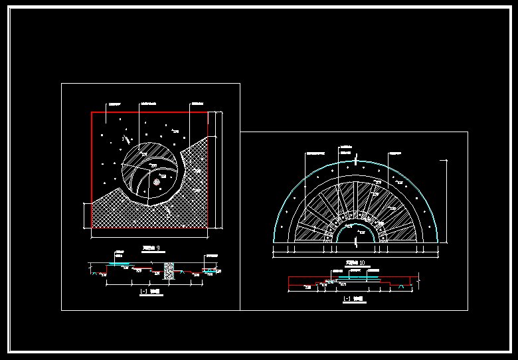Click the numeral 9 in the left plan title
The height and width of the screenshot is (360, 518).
[157, 248]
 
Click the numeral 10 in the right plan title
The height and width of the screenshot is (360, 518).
[362, 262]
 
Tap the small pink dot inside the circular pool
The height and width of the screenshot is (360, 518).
[156, 181]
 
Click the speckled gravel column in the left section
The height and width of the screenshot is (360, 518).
[168, 269]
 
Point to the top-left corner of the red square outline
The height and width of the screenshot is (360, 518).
[92, 112]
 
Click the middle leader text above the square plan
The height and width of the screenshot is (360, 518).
[149, 104]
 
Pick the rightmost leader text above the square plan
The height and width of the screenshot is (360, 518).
[197, 104]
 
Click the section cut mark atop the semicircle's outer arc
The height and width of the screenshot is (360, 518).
[357, 159]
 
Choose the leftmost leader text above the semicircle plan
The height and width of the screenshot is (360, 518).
[313, 152]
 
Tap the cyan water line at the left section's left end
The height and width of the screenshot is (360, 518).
[120, 264]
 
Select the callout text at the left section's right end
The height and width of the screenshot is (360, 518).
[211, 255]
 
